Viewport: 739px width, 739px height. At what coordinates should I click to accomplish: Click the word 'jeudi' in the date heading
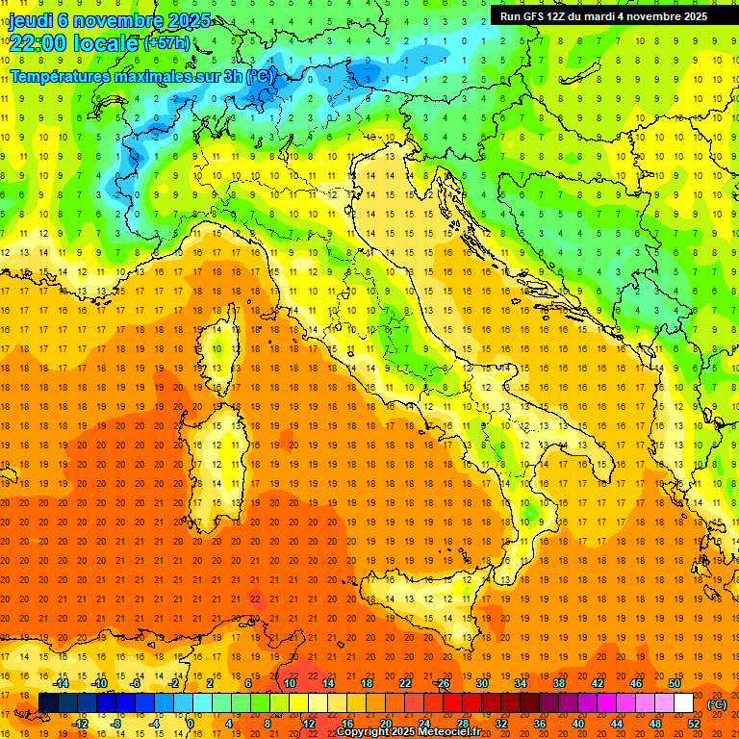30,20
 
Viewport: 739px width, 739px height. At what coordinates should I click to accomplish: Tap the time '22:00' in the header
38,43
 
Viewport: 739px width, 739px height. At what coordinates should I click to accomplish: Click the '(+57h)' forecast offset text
166,43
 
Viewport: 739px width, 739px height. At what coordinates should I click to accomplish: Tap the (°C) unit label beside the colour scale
717,704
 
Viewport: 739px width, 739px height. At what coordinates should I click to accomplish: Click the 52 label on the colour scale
694,724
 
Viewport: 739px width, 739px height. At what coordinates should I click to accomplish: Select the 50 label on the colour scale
675,683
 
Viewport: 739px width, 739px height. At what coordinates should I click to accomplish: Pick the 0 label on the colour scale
191,724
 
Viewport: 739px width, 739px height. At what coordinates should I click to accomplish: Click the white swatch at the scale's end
684,703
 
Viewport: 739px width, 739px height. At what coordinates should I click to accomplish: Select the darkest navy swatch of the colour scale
48,703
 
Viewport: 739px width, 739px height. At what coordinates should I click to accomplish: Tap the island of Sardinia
223,446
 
